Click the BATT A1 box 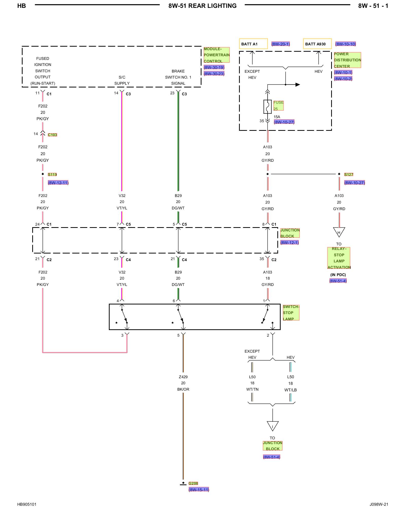253,44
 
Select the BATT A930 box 317,44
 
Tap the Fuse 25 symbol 267,106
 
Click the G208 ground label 193,483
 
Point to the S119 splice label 52,174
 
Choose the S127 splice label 349,174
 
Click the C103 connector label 53,135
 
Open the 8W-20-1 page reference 281,44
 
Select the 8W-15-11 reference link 199,490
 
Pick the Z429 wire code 183,377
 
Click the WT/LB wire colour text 291,390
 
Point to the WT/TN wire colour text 252,389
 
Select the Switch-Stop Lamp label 291,313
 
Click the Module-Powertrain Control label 217,55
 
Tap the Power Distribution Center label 347,60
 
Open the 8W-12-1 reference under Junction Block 290,243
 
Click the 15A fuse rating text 277,117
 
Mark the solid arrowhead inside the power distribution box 298,85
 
